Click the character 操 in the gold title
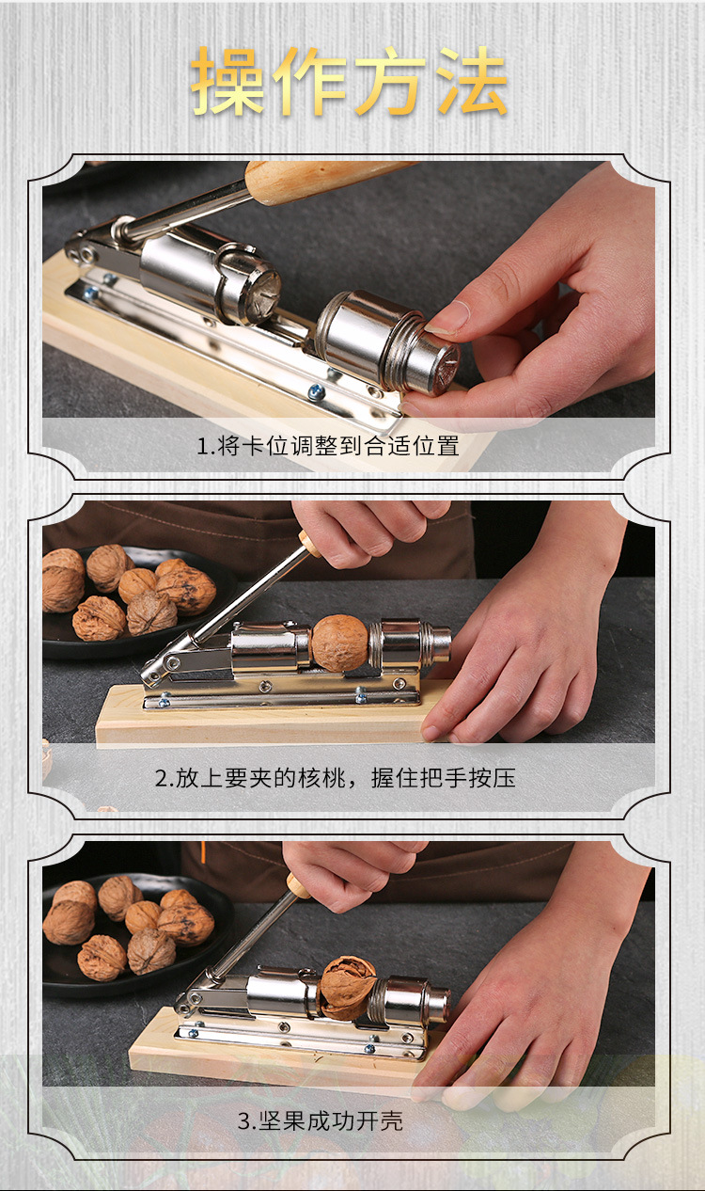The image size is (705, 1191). [x=229, y=82]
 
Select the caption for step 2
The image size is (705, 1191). [x=335, y=778]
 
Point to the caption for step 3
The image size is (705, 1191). [x=320, y=1120]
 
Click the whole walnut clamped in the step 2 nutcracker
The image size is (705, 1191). [x=339, y=643]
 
